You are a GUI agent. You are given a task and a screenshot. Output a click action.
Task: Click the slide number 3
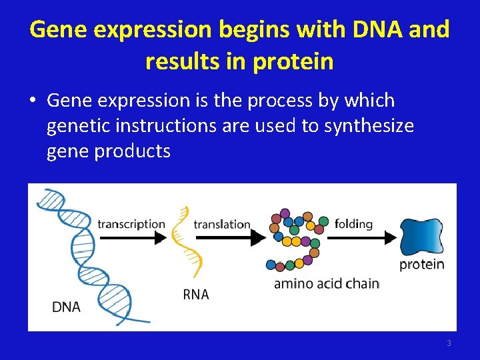pos(449,343)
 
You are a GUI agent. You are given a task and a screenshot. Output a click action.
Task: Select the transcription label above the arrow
pos(131,224)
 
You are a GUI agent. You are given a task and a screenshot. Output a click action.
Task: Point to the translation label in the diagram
pos(222,225)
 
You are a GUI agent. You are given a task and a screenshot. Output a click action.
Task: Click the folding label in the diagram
pos(353,223)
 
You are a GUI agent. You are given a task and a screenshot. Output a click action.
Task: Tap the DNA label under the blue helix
pos(66,307)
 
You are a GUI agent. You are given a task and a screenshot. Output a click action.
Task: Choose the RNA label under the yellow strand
pos(196,295)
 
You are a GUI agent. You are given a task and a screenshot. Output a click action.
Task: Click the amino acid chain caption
pos(327,284)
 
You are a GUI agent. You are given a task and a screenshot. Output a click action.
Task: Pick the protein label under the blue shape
pos(421,265)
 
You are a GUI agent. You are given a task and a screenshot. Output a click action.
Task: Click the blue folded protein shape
pos(421,237)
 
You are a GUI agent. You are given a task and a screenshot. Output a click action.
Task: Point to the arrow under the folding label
pos(363,237)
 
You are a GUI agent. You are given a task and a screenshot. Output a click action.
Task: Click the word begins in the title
pos(258,29)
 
